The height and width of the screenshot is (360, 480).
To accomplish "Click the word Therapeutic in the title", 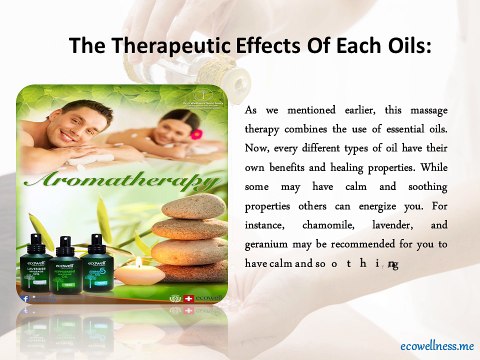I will (x=165, y=46).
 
